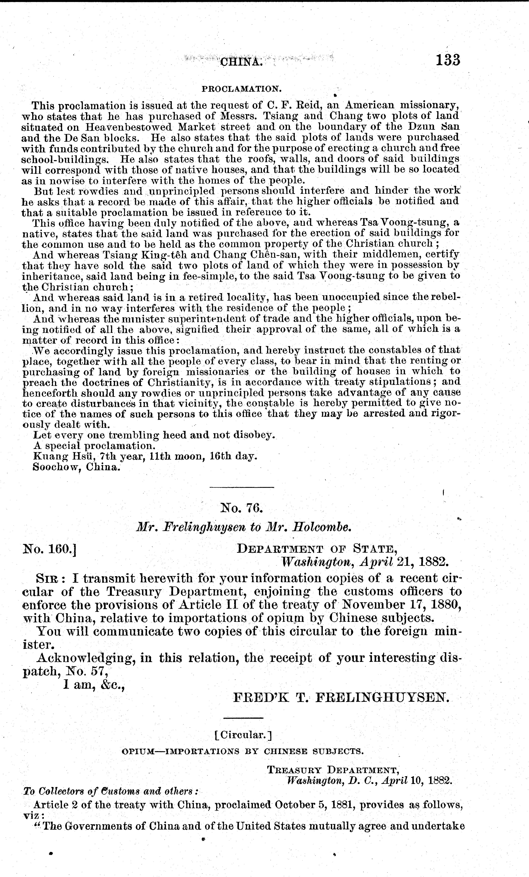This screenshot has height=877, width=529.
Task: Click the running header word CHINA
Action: pyautogui.click(x=242, y=62)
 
